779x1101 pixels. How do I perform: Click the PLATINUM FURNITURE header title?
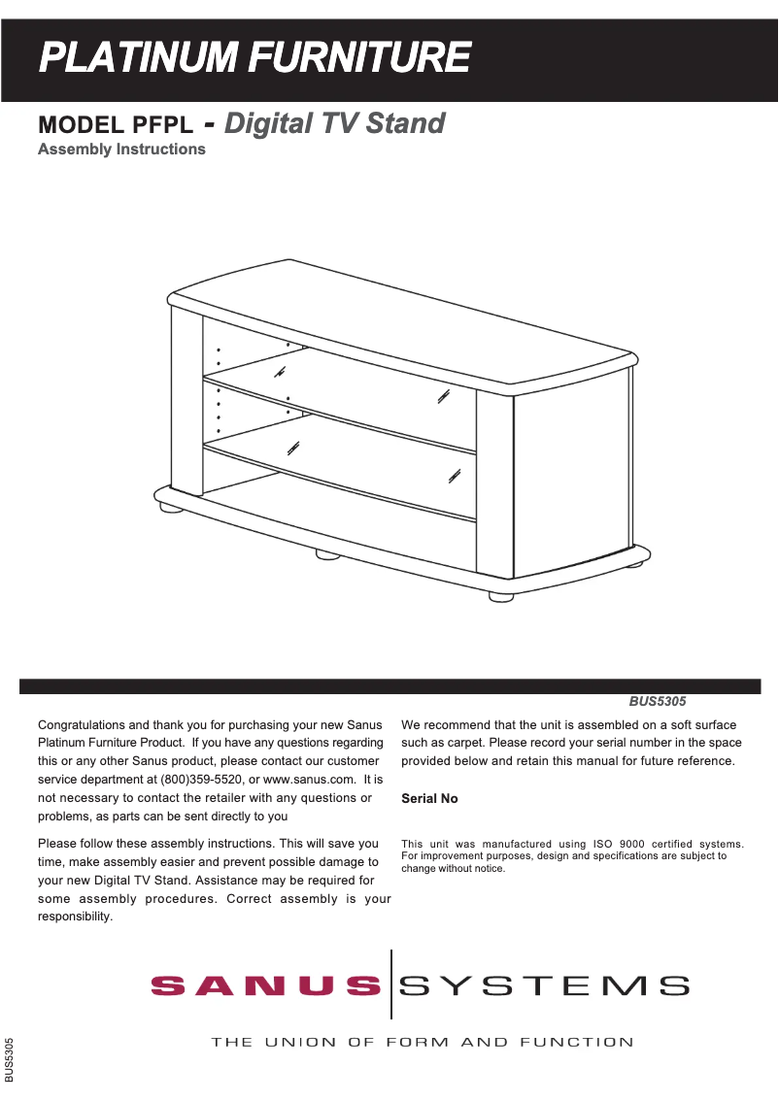point(254,58)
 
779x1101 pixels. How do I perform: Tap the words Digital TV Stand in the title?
point(335,123)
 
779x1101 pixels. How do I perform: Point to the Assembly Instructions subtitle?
point(121,150)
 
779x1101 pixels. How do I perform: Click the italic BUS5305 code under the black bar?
point(659,700)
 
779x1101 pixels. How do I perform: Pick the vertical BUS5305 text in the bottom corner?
point(10,1059)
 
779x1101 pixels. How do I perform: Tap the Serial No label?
point(429,799)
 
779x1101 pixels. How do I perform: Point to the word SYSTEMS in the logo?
point(545,986)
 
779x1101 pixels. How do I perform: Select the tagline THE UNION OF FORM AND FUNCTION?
point(423,1043)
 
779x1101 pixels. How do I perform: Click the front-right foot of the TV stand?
point(501,596)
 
